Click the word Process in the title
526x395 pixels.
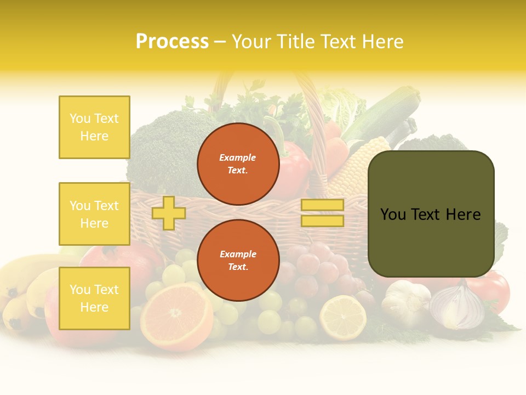coord(172,42)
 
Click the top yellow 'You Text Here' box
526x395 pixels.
coord(94,127)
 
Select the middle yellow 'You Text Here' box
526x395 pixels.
coord(94,214)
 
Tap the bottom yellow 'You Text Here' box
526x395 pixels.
coord(94,298)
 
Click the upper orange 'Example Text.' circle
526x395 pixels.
coord(238,164)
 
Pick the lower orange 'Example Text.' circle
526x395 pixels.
coord(238,261)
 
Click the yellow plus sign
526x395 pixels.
coord(168,213)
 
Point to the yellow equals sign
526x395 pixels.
coord(322,213)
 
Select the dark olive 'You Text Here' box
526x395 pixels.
coord(431,214)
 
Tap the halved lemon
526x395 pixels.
coord(343,317)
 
